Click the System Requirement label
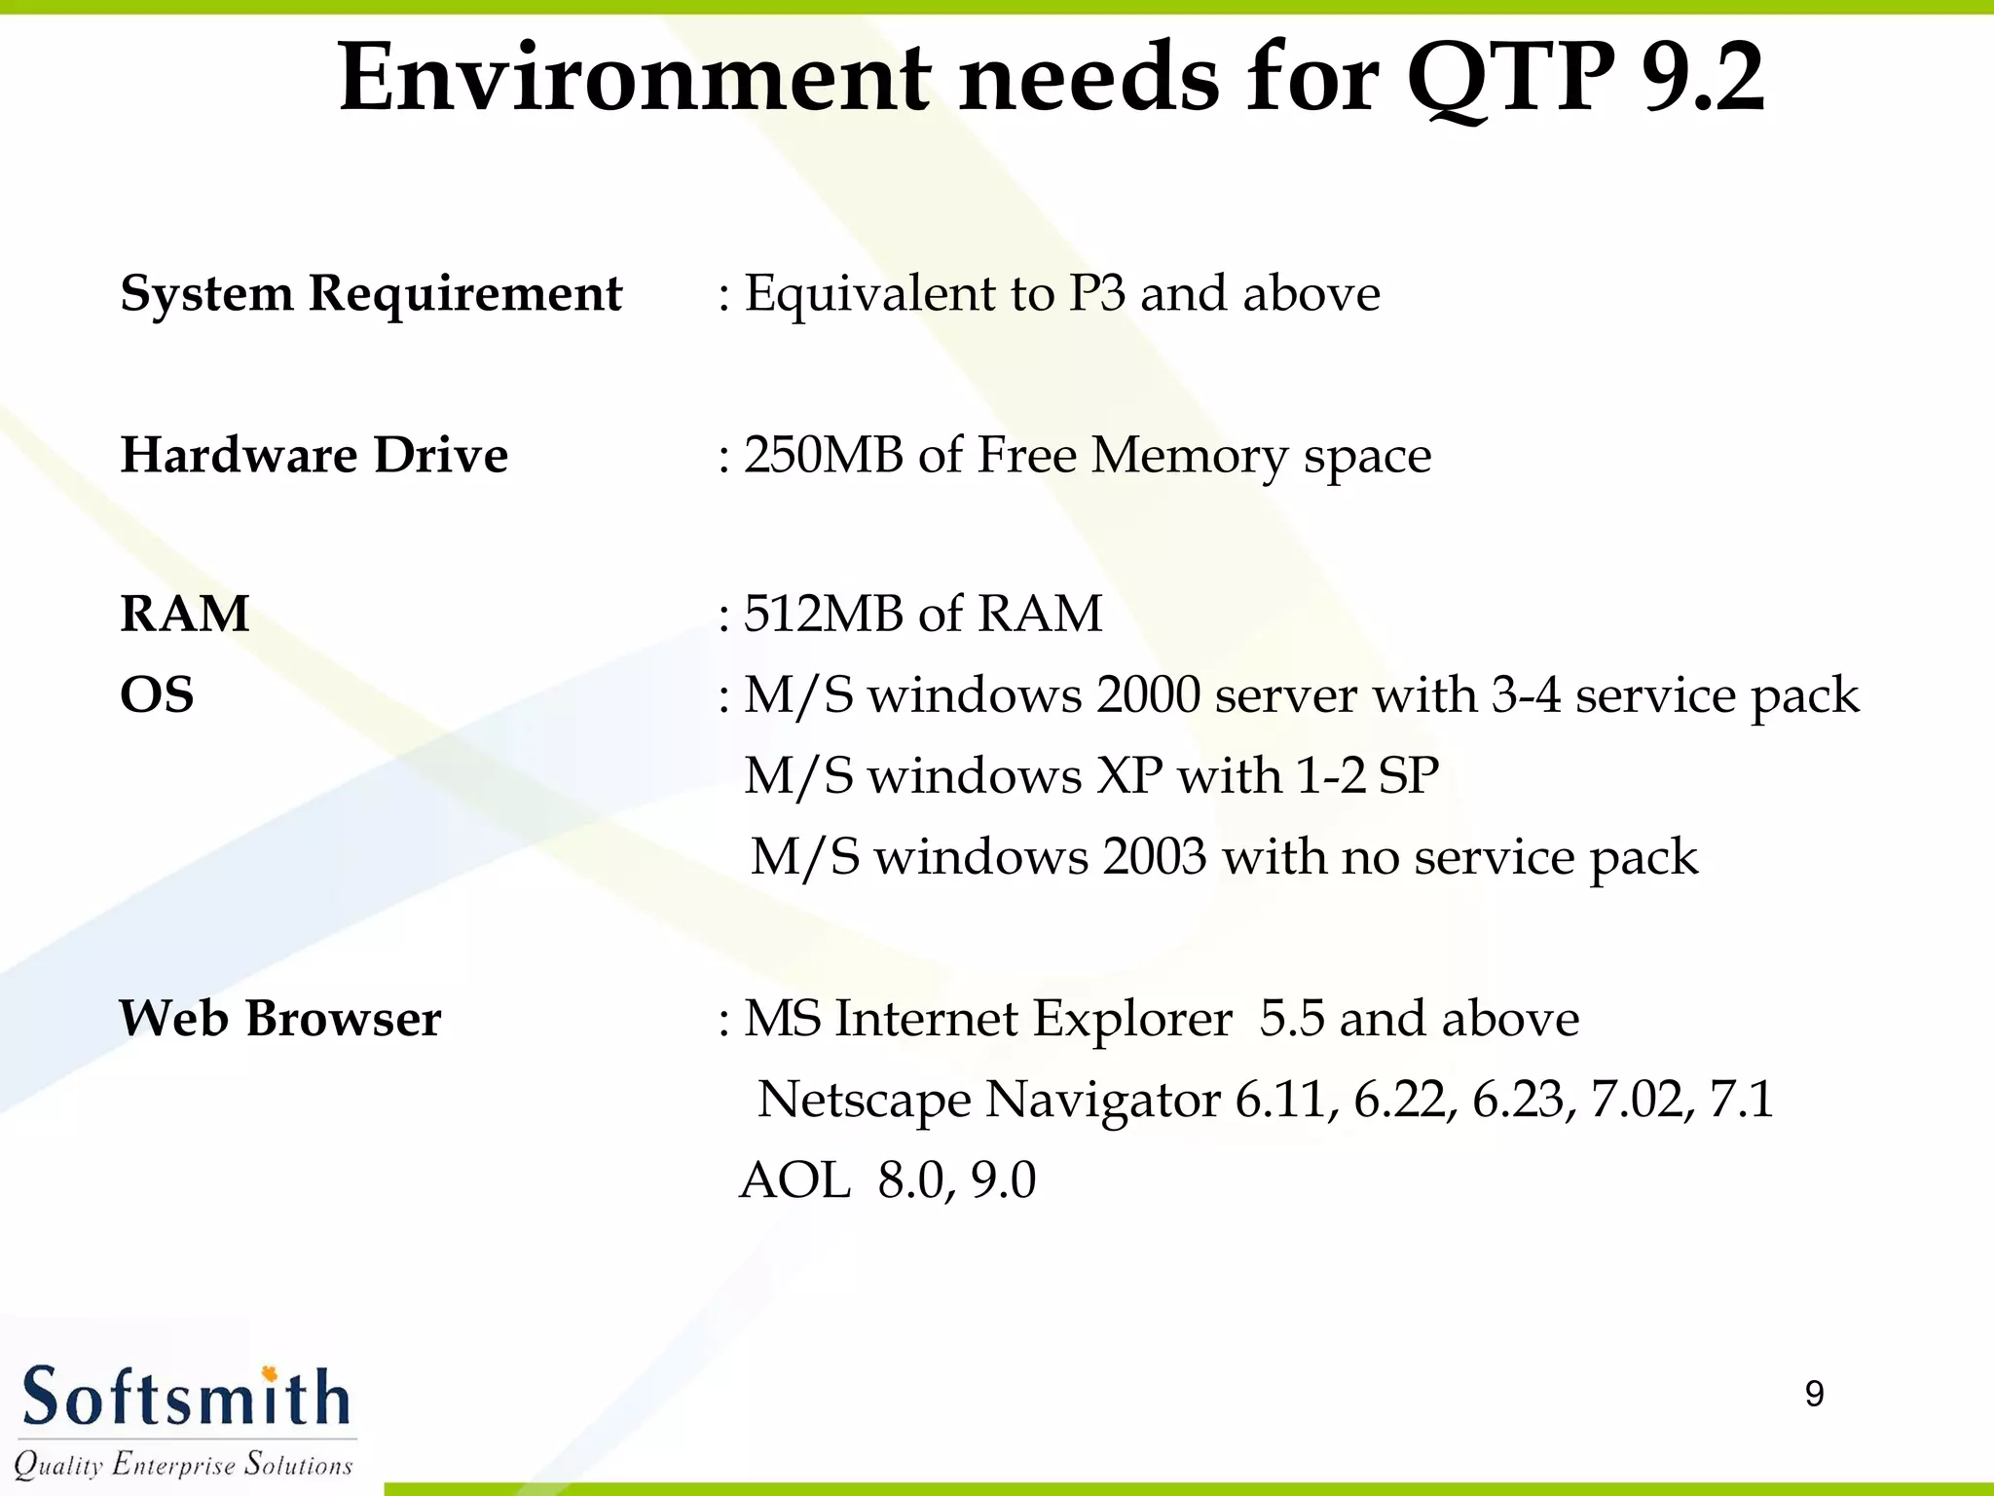tap(371, 293)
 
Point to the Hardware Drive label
tap(314, 455)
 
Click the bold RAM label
tap(185, 614)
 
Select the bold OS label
tap(157, 695)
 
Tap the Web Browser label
tap(280, 1019)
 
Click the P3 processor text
tap(1096, 293)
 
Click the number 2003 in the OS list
tap(1155, 857)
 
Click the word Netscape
tap(864, 1101)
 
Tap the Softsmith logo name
tap(185, 1398)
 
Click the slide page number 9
tap(1814, 1394)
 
